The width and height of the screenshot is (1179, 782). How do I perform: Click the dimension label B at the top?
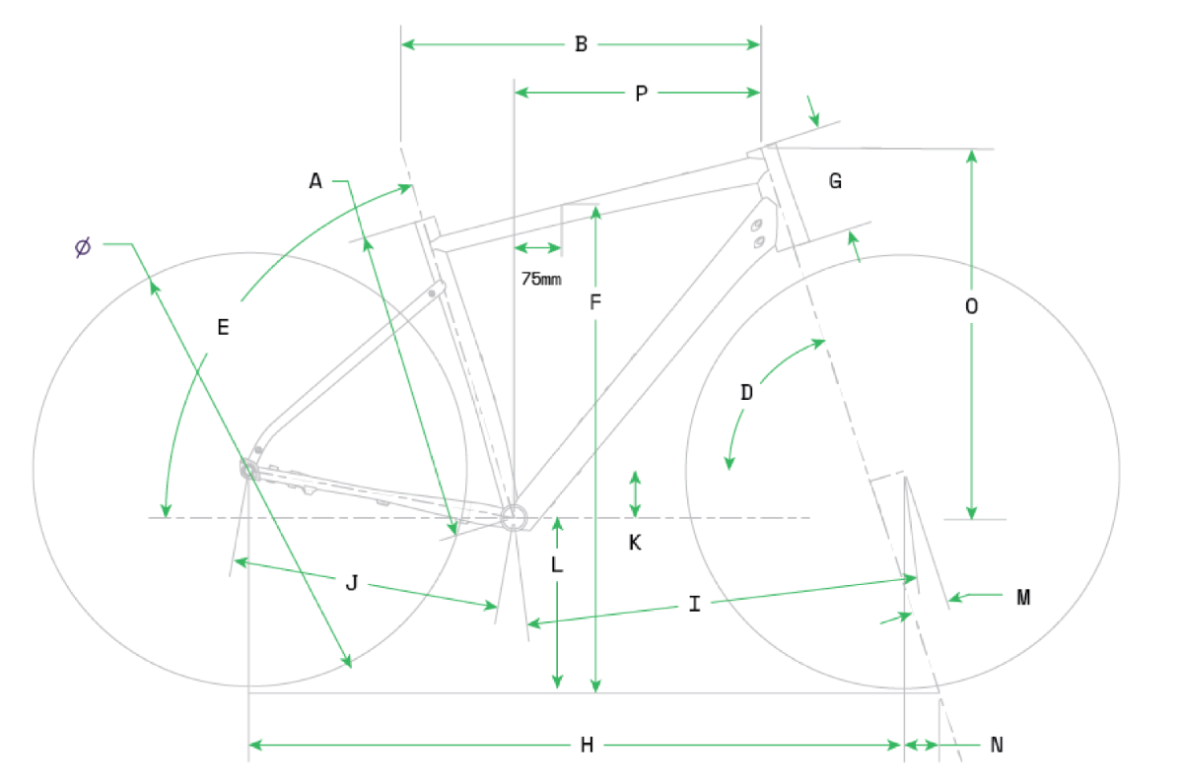tap(581, 44)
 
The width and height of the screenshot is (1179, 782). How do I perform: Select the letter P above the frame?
tap(641, 94)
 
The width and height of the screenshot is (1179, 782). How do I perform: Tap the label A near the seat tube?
tap(315, 181)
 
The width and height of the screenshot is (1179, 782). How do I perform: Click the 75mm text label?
tap(541, 279)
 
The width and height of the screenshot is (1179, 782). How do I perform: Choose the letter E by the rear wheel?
tap(223, 328)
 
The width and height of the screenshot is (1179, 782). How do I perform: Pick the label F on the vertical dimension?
tap(594, 302)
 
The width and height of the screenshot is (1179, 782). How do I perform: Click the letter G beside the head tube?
tap(835, 181)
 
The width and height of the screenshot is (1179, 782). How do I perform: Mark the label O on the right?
tap(971, 305)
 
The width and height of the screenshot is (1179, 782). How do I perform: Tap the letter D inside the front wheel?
tap(746, 392)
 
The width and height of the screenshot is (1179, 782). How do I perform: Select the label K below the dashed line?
tap(635, 543)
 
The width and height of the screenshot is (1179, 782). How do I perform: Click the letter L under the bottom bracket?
tap(556, 564)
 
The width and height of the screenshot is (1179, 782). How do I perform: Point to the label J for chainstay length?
tap(351, 582)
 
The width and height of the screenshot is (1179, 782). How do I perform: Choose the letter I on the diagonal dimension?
tap(694, 604)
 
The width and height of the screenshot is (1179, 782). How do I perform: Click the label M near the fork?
tap(1022, 597)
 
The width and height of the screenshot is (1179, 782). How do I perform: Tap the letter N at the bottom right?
tap(997, 745)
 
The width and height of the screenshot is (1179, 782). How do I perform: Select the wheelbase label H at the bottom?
tap(587, 745)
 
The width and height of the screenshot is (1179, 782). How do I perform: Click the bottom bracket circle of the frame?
tap(515, 518)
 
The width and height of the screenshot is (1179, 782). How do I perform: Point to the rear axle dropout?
tap(248, 470)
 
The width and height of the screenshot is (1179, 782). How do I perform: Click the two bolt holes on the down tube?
tap(758, 232)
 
